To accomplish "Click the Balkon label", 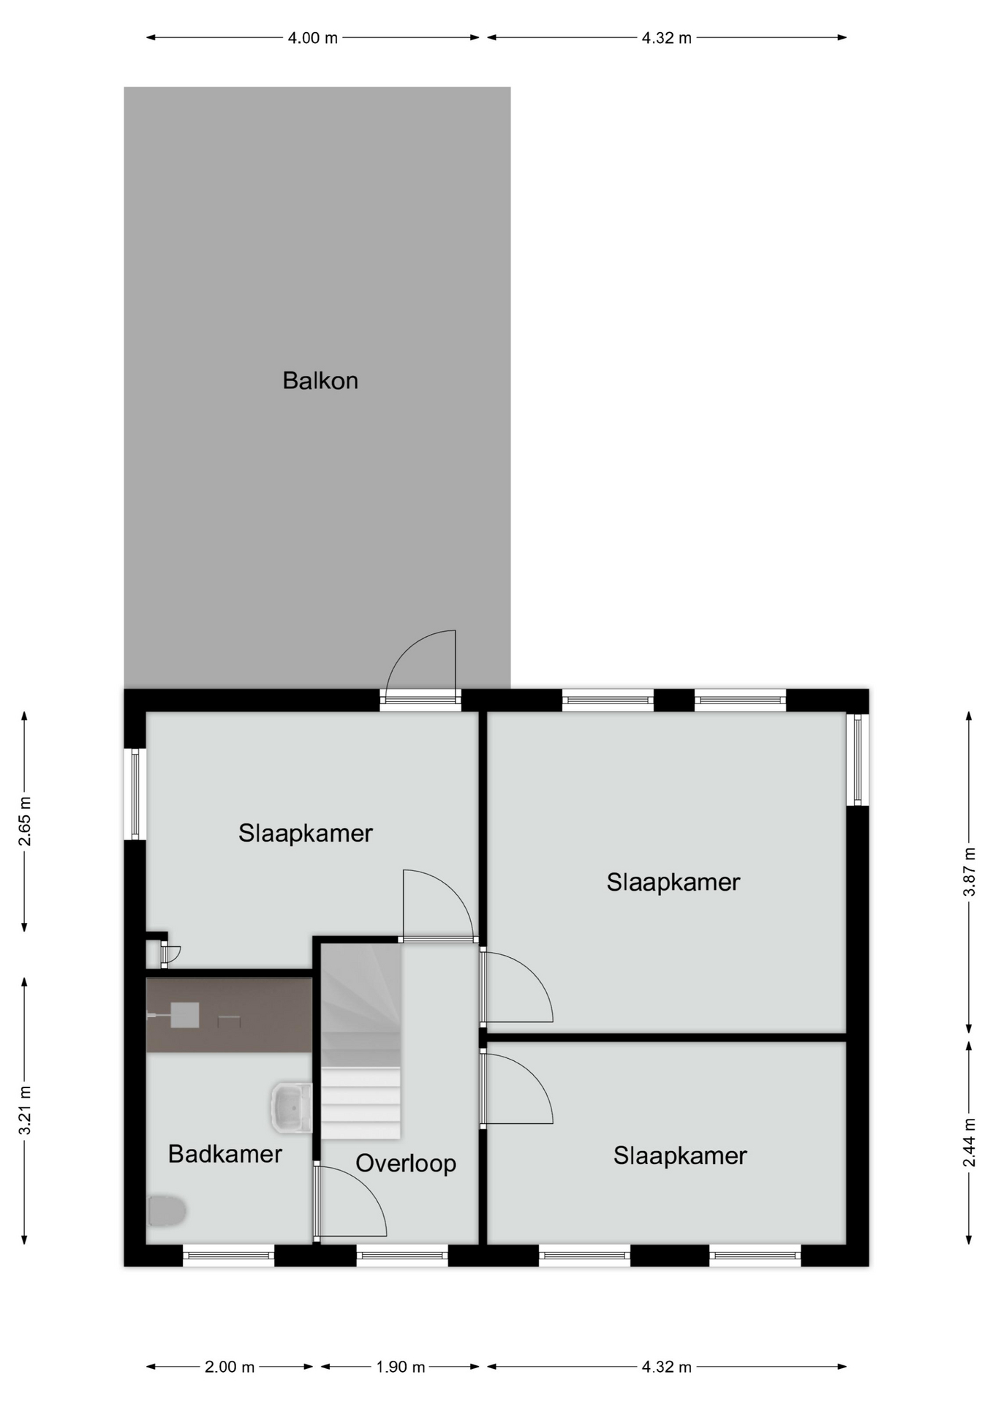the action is pyautogui.click(x=320, y=381).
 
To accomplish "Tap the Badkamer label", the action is pyautogui.click(x=225, y=1154).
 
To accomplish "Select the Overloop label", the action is pyautogui.click(x=406, y=1163).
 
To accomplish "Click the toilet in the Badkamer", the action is pyautogui.click(x=167, y=1210).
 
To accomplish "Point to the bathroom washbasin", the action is pyautogui.click(x=292, y=1109).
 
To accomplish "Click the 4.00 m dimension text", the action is pyautogui.click(x=313, y=38).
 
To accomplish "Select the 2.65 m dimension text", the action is pyautogui.click(x=25, y=821).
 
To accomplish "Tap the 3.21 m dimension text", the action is pyautogui.click(x=25, y=1110).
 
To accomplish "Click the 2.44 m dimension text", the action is pyautogui.click(x=969, y=1143).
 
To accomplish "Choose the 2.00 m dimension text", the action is pyautogui.click(x=230, y=1367).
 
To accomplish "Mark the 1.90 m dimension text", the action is pyautogui.click(x=401, y=1367).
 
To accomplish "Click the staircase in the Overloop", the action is pyautogui.click(x=361, y=1041).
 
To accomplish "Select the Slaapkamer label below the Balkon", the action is pyautogui.click(x=306, y=833).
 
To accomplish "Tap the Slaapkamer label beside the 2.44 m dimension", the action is pyautogui.click(x=680, y=1155).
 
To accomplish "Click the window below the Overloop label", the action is pyautogui.click(x=402, y=1256).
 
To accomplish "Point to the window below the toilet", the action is pyautogui.click(x=228, y=1256).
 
